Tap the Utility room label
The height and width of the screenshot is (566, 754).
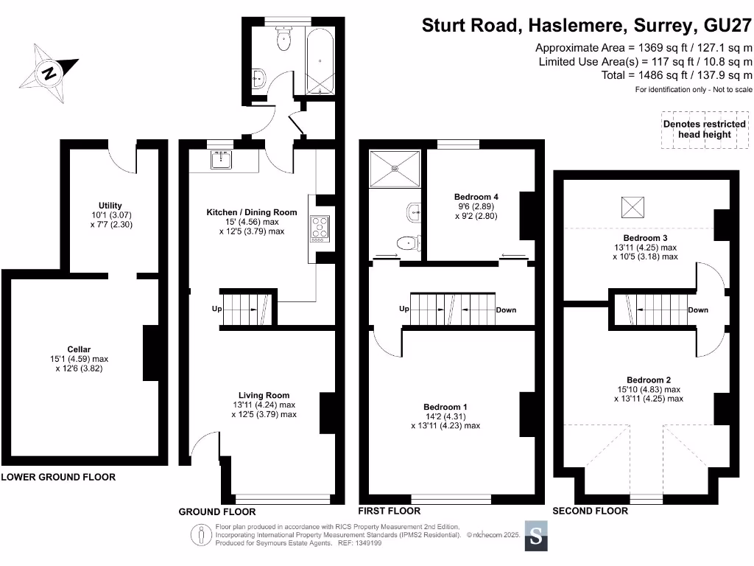tap(110, 206)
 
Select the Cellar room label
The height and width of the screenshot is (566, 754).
tap(79, 349)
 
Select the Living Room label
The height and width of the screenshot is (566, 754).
tap(264, 395)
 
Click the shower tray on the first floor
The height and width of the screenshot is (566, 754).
tap(395, 168)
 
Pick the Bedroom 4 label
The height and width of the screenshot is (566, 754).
tap(476, 197)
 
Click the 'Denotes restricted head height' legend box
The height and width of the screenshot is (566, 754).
tap(705, 129)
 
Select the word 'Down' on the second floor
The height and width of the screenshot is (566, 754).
tap(698, 310)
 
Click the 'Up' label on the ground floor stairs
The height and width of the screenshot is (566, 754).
tap(217, 309)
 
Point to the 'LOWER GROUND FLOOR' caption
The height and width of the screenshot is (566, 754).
tap(58, 477)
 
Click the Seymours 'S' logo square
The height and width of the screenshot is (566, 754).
tap(536, 537)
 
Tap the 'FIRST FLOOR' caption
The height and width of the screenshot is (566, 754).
tap(389, 511)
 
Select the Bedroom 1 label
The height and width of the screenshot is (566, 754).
tap(445, 407)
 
